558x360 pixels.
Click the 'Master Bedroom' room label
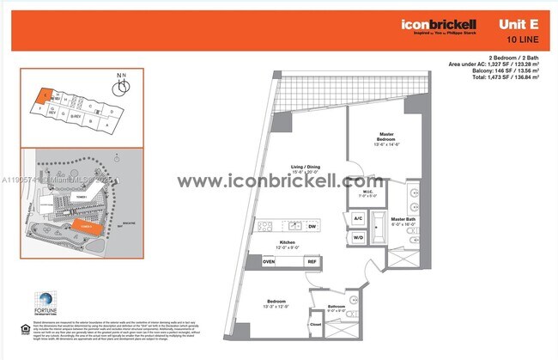pyautogui.click(x=387, y=139)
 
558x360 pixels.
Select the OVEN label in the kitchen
pyautogui.click(x=269, y=261)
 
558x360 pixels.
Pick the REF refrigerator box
pyautogui.click(x=312, y=261)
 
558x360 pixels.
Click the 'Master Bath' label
pyautogui.click(x=403, y=220)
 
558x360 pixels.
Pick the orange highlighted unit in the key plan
pyautogui.click(x=40, y=101)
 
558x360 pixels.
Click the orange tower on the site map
pyautogui.click(x=85, y=226)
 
